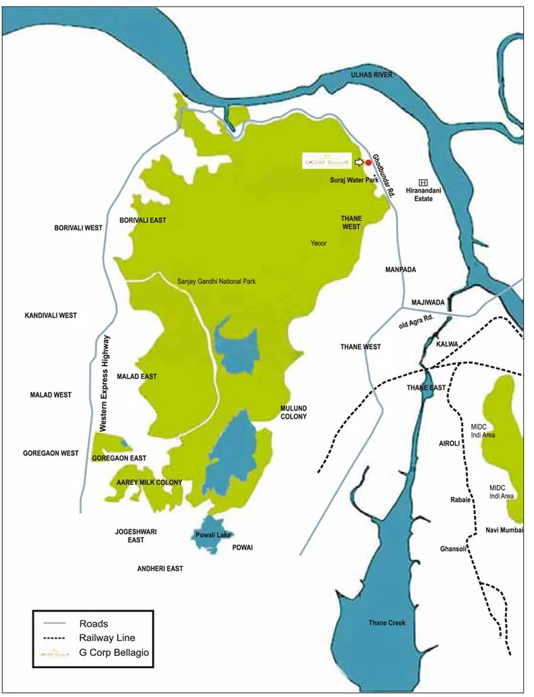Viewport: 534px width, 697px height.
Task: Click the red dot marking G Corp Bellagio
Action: pos(368,162)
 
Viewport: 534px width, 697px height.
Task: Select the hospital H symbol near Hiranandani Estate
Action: pos(424,182)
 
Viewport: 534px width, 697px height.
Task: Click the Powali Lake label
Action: pos(214,535)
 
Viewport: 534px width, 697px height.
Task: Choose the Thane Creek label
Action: pos(387,623)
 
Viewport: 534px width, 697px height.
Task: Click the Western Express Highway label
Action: pos(104,383)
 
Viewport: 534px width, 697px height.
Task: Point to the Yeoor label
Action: pos(318,242)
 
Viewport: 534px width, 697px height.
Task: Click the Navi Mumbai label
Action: pos(504,530)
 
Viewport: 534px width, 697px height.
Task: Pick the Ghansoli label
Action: pos(453,548)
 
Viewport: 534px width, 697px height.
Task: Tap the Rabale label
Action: pos(460,500)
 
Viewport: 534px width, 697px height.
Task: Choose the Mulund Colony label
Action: pos(293,412)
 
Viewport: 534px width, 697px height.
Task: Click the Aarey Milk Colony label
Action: pos(149,482)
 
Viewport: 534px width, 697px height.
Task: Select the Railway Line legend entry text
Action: pos(107,638)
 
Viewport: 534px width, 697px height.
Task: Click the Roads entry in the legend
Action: pos(93,623)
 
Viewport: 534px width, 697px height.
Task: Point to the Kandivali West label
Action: pos(51,315)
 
